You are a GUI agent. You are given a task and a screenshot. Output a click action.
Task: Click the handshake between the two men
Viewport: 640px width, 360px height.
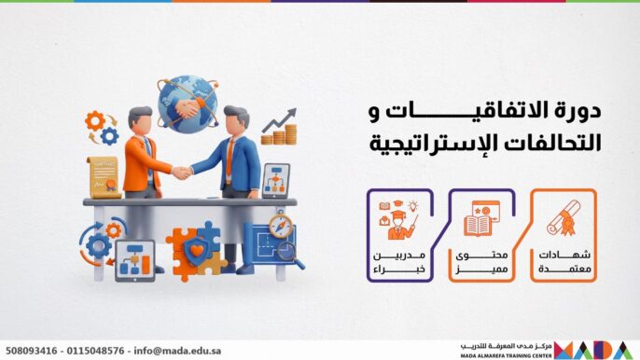point(182,172)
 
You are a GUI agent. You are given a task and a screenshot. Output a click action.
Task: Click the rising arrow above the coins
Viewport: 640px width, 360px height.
point(278,118)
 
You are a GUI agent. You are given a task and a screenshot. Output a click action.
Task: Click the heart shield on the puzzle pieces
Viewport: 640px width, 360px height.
point(194,247)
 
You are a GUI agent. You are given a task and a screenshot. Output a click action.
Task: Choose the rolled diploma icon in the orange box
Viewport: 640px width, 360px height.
point(563,218)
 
